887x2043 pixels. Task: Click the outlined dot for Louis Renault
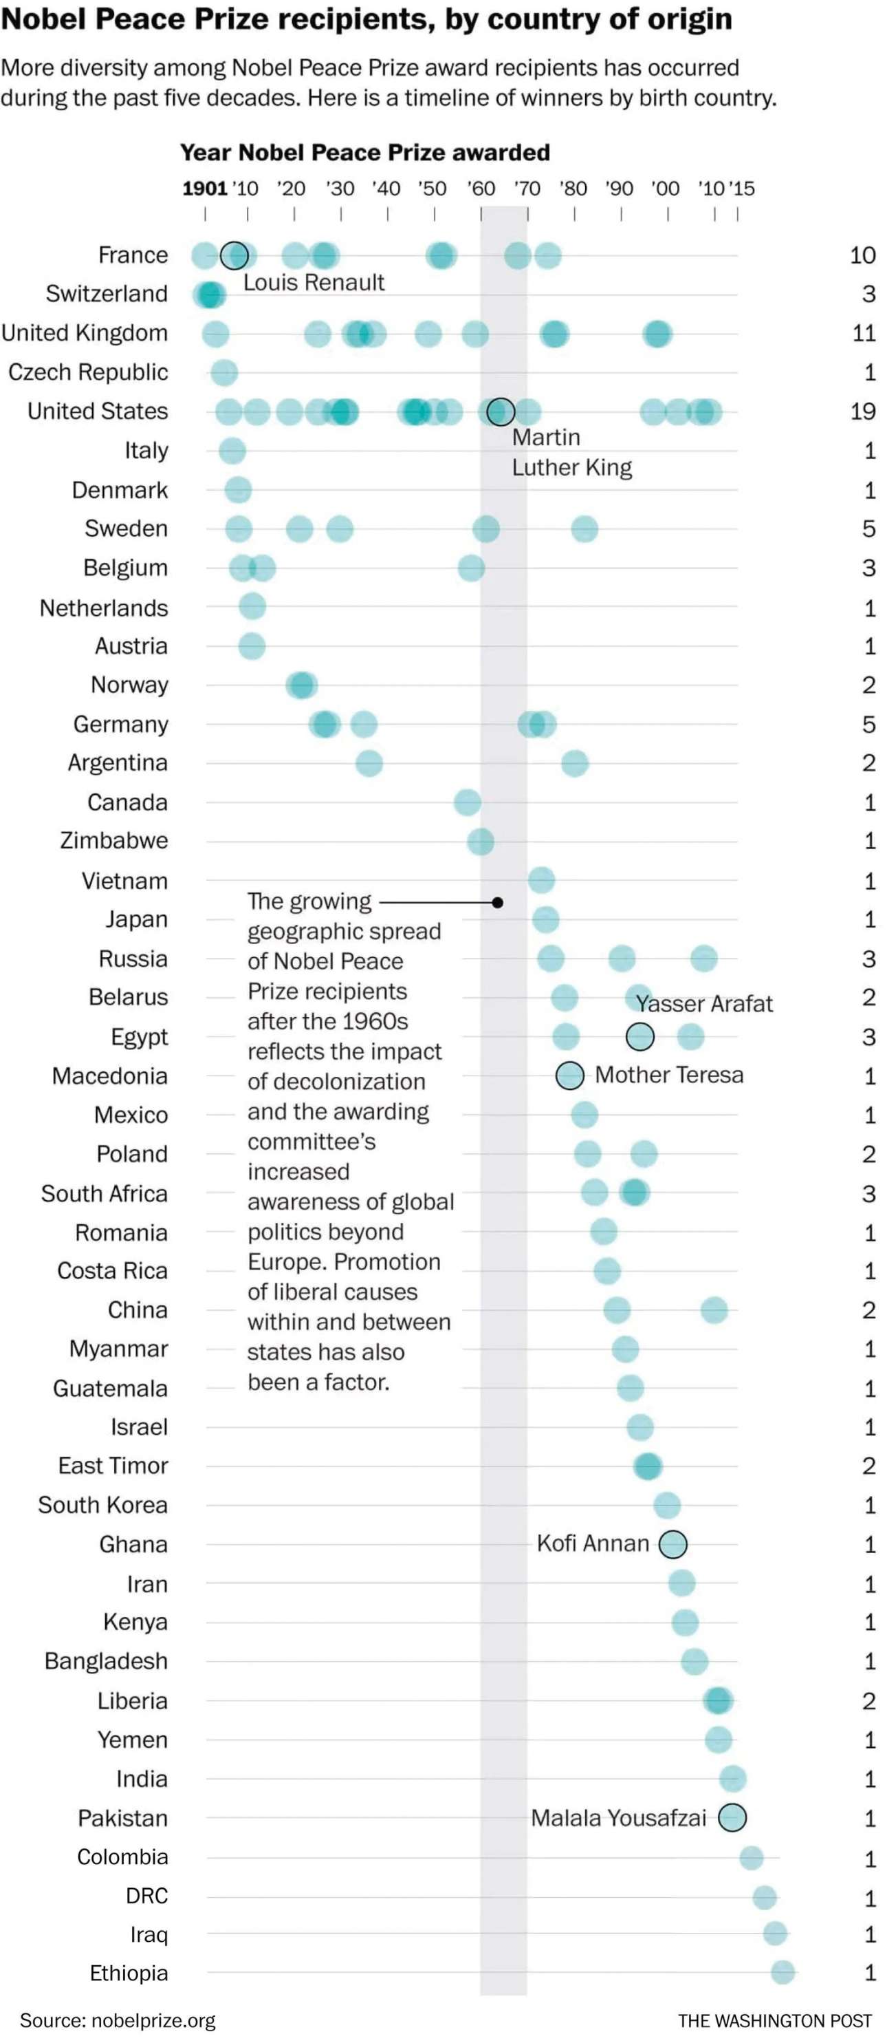234,255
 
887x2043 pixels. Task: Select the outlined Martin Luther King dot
500,411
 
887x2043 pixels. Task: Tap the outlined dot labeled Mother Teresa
569,1076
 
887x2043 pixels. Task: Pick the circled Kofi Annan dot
673,1543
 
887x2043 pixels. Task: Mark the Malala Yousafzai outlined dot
732,1817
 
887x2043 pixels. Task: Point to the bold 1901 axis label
204,189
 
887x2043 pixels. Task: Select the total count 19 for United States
862,411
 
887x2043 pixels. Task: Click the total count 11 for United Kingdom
863,333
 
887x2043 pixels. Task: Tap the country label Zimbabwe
114,841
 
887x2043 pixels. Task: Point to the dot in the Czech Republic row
224,372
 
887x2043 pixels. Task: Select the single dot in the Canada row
467,802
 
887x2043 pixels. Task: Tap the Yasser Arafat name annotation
704,1004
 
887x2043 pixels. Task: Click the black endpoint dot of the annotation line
498,903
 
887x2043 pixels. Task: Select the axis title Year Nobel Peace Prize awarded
364,152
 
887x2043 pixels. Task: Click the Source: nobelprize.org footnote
118,2020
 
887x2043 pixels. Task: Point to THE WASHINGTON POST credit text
774,2021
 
